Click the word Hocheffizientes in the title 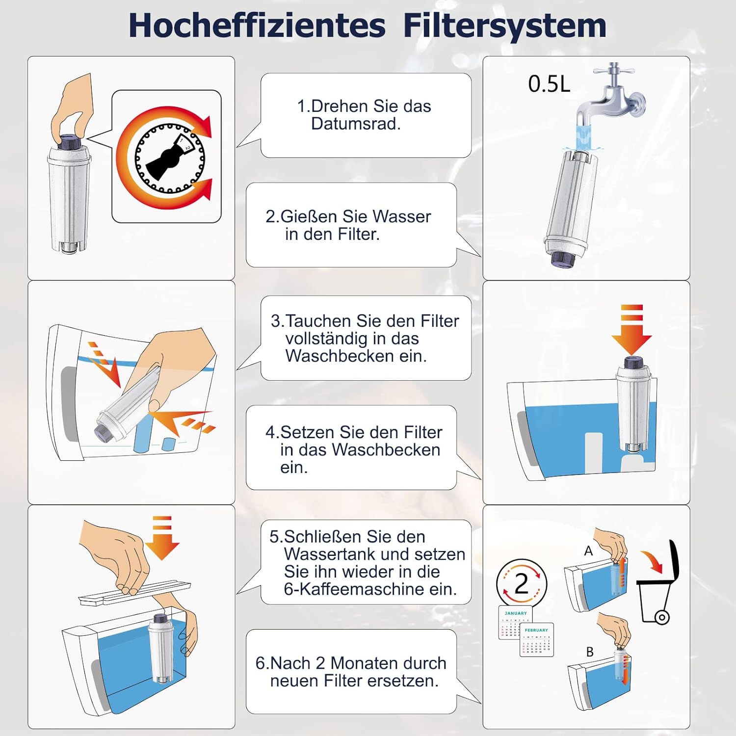(x=257, y=26)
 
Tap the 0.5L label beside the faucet (x=549, y=84)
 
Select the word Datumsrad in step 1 (x=356, y=124)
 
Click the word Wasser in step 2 (x=401, y=216)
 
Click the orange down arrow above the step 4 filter (x=631, y=334)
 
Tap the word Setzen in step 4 (x=307, y=432)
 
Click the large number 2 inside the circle (x=521, y=584)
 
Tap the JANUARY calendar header (x=515, y=613)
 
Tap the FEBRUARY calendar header (x=536, y=630)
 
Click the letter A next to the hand (x=588, y=552)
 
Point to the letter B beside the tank (x=590, y=652)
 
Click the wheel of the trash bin (x=661, y=617)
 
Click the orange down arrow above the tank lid (x=162, y=540)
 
